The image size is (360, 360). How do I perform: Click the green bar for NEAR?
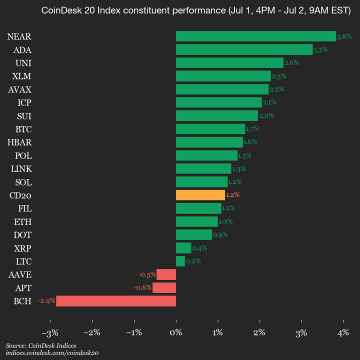[255, 36]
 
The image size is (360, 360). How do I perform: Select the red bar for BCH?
[116, 301]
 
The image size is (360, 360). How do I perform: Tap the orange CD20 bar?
[200, 195]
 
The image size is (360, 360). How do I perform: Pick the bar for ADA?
[244, 49]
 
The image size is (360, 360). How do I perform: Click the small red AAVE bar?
[166, 274]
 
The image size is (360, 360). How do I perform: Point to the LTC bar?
[180, 261]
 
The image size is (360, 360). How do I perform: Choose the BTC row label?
[23, 129]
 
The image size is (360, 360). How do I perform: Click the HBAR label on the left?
[20, 142]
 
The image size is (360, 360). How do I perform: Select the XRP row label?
[23, 248]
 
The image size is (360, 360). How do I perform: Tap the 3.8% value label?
[344, 36]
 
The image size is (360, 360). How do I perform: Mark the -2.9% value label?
[47, 301]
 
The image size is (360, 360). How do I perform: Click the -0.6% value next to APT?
[143, 287]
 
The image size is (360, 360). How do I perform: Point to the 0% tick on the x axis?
[176, 333]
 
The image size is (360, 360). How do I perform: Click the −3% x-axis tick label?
[50, 333]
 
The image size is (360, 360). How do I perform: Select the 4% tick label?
[343, 333]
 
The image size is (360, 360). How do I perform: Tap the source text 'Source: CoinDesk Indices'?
[41, 345]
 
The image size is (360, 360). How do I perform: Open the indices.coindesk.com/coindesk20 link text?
[52, 353]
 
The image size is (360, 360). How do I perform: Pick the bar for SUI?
[216, 115]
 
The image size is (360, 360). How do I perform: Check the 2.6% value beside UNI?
[291, 63]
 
